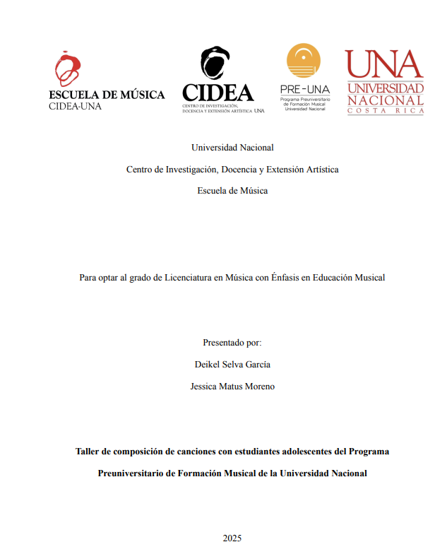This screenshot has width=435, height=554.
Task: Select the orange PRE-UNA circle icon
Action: click(x=304, y=61)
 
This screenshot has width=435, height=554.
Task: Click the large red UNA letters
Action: click(x=383, y=65)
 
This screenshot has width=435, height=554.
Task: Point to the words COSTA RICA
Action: click(x=384, y=111)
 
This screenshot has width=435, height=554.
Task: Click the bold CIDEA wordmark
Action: click(x=218, y=93)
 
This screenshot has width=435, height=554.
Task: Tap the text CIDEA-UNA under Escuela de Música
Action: click(x=75, y=107)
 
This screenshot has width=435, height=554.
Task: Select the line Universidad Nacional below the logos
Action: click(x=232, y=148)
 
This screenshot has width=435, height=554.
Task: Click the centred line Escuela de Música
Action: click(x=232, y=191)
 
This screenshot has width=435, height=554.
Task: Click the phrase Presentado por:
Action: click(x=232, y=343)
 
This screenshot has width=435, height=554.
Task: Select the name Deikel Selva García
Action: click(x=232, y=365)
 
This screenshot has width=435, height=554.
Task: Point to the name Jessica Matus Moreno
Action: click(x=232, y=387)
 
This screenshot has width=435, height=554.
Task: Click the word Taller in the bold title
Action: click(x=88, y=451)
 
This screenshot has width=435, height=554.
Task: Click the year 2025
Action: click(x=232, y=538)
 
